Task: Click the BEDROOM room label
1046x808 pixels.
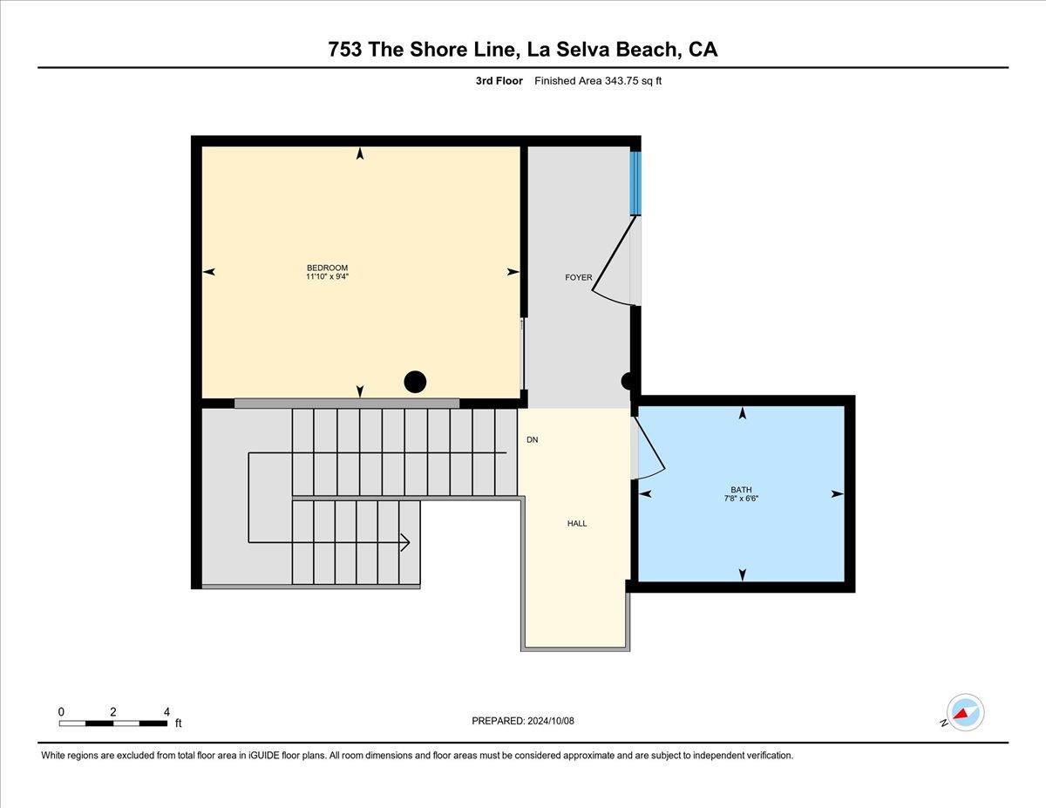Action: (x=327, y=268)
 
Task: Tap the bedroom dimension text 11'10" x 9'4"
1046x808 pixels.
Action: (x=327, y=277)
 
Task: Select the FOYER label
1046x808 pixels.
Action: (x=578, y=278)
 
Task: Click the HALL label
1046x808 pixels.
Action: (x=577, y=524)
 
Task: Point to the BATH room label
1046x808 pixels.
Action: (x=741, y=490)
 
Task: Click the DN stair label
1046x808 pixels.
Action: (x=532, y=440)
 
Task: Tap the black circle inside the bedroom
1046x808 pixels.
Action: (x=416, y=381)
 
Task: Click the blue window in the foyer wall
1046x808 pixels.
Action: (x=635, y=183)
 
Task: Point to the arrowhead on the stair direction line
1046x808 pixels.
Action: (x=404, y=542)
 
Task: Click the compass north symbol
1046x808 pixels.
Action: (x=964, y=713)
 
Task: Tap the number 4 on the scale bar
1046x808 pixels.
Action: (x=166, y=711)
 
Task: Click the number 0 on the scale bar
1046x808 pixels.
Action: (x=61, y=711)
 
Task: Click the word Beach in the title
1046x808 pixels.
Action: (x=642, y=49)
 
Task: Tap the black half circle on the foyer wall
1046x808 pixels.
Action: (x=628, y=381)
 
